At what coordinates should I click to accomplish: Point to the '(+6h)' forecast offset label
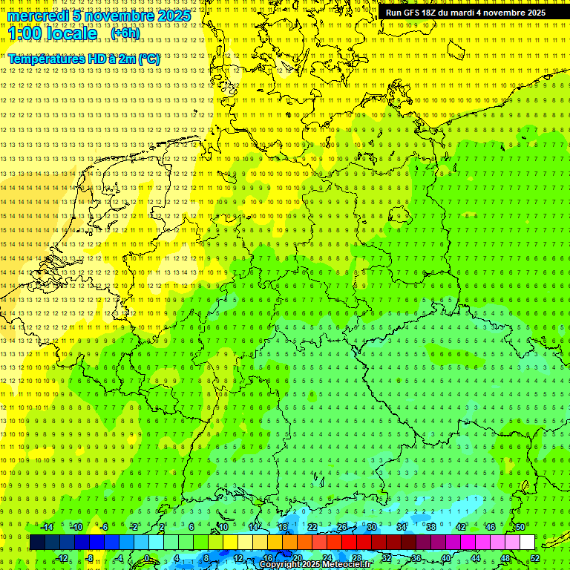pos(124,33)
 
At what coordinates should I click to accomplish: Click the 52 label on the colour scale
pos(536,558)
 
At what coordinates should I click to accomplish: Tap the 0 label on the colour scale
pos(147,558)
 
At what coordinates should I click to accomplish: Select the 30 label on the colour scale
pos(372,527)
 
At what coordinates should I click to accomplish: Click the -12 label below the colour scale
pos(62,558)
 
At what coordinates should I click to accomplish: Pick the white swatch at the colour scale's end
pos(527,543)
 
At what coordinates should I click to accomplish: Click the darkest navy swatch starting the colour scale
pos(37,543)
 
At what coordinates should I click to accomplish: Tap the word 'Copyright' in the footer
pos(280,565)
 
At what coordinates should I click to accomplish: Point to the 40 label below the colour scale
pos(446,558)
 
